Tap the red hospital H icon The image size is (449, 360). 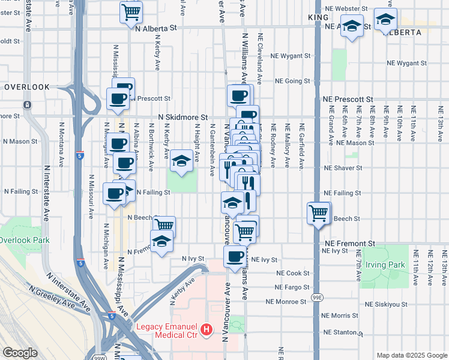tap(206, 329)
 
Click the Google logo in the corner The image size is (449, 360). tap(20, 353)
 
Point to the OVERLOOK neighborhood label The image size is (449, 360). tap(26, 87)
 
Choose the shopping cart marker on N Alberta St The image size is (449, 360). tap(131, 11)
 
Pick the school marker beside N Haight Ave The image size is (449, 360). tap(181, 160)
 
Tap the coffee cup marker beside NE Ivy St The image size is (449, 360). tap(235, 256)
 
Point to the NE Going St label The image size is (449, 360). tap(292, 81)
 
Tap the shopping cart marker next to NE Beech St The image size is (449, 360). tap(318, 212)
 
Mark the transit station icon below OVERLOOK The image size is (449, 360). tap(27, 104)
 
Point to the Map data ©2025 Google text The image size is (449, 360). tap(411, 355)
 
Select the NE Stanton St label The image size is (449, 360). tap(343, 331)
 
